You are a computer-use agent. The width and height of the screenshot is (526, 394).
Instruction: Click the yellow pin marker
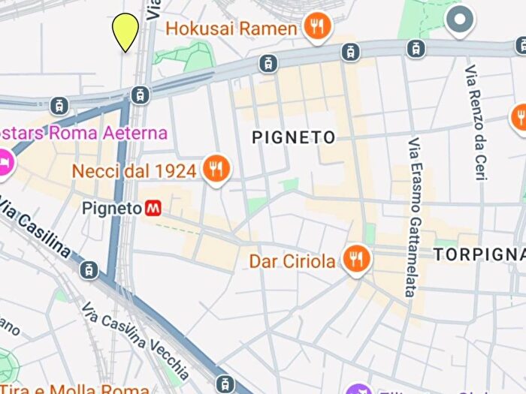[x=125, y=31]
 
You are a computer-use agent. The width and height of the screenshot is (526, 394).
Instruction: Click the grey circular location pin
[x=459, y=18]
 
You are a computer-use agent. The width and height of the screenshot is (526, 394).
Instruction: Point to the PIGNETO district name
[x=293, y=137]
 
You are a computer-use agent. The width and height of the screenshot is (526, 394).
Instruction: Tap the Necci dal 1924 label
[x=134, y=170]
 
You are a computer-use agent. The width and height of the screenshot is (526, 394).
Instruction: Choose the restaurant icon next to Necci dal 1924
[x=216, y=170]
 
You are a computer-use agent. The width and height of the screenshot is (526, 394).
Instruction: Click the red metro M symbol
[x=154, y=207]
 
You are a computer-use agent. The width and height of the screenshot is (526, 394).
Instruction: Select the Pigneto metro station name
[x=112, y=207]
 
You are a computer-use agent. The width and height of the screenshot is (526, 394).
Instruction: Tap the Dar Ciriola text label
[x=292, y=261]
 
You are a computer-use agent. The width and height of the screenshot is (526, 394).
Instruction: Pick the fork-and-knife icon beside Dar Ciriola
[x=355, y=260]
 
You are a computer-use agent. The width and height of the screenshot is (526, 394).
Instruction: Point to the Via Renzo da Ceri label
[x=475, y=123]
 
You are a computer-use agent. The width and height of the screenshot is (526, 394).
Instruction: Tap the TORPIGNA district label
[x=479, y=255]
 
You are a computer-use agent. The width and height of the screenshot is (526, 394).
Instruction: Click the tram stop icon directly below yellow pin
[x=138, y=95]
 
